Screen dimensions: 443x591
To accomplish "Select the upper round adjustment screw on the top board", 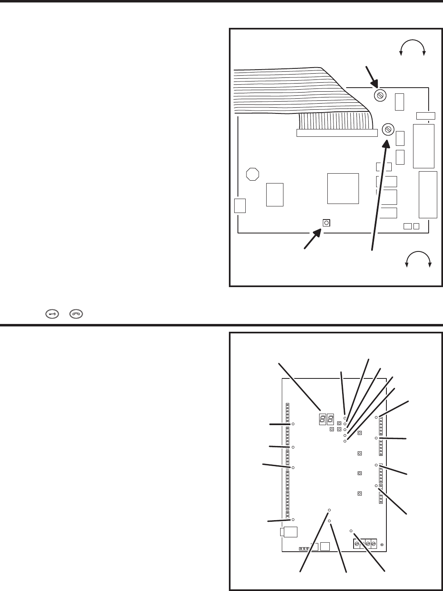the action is click(x=380, y=96).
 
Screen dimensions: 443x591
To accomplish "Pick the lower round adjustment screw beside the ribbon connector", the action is click(x=388, y=130).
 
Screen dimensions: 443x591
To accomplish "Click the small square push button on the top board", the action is click(x=326, y=223).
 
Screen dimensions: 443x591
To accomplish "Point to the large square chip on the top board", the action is click(x=343, y=188).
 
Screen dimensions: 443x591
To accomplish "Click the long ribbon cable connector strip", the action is click(x=336, y=133).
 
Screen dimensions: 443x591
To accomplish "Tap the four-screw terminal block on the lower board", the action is click(x=365, y=543).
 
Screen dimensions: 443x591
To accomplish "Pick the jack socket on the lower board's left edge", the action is click(x=288, y=532).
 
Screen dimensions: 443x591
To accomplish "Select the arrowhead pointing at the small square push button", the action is click(x=317, y=234).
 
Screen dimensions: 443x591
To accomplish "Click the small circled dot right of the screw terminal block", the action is click(x=382, y=544).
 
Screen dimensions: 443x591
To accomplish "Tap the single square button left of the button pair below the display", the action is click(x=331, y=430).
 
